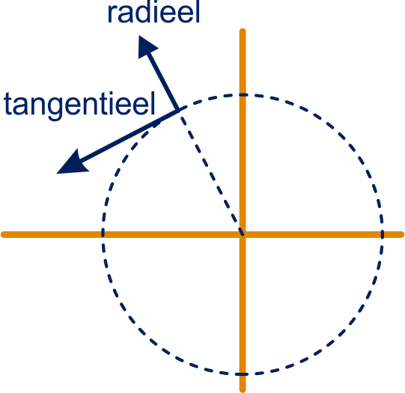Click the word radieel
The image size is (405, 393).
(153, 12)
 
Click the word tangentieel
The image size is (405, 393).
(79, 105)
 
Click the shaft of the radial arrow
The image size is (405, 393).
(162, 81)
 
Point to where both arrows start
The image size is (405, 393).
(178, 110)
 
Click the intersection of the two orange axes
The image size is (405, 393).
(243, 234)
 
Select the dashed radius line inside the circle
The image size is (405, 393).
(211, 172)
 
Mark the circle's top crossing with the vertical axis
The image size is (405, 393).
(243, 95)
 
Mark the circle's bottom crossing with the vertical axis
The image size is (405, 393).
(243, 374)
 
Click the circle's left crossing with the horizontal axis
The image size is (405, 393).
(103, 234)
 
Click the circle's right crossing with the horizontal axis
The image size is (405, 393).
(383, 234)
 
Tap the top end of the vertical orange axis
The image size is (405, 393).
(243, 31)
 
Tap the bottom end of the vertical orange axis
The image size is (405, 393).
(243, 390)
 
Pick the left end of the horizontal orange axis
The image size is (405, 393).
(3, 234)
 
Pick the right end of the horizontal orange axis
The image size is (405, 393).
(402, 234)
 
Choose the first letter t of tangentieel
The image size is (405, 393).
(7, 104)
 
